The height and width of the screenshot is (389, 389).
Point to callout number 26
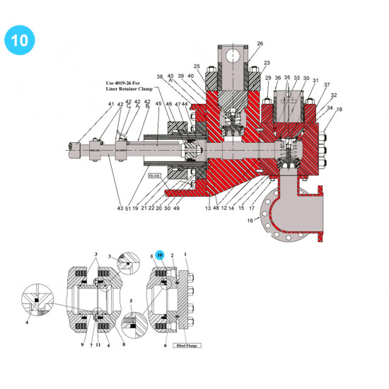click(x=260, y=44)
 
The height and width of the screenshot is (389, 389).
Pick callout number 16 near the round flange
click(x=249, y=221)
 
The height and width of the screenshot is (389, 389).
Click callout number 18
click(x=339, y=109)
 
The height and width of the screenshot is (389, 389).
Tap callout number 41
click(x=111, y=104)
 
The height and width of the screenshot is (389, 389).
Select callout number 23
click(x=267, y=64)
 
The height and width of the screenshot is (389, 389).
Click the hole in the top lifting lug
click(x=232, y=54)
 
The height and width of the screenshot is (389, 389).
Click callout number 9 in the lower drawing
click(x=82, y=345)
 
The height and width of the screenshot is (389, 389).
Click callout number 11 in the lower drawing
click(x=99, y=345)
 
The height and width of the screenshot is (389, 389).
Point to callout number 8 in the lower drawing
click(x=124, y=345)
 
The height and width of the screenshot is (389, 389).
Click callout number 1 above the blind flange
click(x=185, y=254)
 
